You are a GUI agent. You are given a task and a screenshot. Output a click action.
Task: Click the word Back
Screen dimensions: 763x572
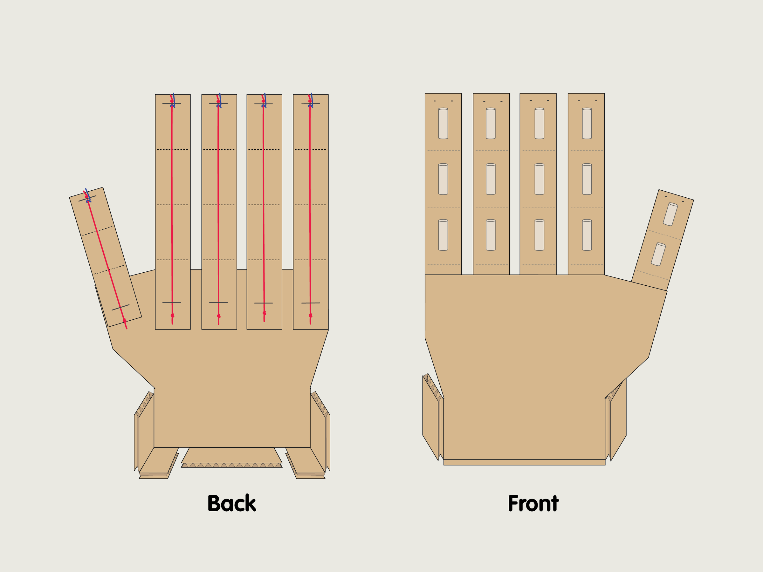click(231, 503)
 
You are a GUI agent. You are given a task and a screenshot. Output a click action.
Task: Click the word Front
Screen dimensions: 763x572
click(533, 503)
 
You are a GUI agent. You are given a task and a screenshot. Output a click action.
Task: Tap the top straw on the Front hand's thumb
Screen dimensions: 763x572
click(670, 214)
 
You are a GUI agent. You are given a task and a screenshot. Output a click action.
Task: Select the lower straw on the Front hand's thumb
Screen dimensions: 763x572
click(658, 255)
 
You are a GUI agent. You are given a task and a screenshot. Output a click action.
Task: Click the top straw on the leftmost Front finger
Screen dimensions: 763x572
click(443, 123)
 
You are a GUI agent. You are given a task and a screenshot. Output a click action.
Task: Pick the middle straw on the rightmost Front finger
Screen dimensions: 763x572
click(587, 179)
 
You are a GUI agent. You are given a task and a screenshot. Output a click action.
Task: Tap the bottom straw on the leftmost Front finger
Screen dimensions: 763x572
click(443, 235)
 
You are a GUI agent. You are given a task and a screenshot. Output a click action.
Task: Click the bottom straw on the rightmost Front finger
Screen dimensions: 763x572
click(587, 235)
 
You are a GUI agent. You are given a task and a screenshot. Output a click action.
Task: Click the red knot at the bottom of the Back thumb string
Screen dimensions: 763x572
click(125, 321)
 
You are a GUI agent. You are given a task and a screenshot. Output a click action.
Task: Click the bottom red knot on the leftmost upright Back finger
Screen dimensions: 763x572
click(172, 316)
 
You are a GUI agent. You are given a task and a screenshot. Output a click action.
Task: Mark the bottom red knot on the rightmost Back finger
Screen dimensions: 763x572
click(310, 316)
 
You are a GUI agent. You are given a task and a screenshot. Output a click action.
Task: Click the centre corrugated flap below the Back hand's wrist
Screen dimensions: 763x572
click(231, 458)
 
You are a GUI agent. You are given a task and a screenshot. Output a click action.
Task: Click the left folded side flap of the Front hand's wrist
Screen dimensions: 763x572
click(433, 417)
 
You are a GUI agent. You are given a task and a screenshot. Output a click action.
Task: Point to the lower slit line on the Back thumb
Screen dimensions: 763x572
click(120, 308)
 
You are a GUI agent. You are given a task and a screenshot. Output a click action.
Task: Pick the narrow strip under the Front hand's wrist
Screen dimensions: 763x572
click(524, 462)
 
